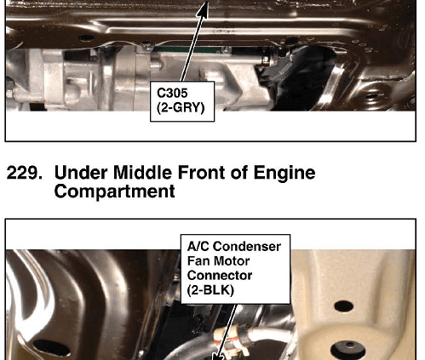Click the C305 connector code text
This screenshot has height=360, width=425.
[x=172, y=93]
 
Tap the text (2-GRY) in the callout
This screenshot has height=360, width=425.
[x=181, y=108]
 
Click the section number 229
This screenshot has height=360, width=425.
[x=25, y=173]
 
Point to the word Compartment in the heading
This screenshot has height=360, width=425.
[x=114, y=191]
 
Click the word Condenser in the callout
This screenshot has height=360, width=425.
[x=247, y=247]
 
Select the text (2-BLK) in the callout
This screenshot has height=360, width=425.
[x=210, y=290]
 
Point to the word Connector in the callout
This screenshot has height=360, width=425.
[x=220, y=276]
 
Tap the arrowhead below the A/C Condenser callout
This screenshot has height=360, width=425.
[x=218, y=356]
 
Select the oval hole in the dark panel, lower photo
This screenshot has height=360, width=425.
[x=52, y=348]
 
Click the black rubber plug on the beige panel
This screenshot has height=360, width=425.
[x=348, y=351]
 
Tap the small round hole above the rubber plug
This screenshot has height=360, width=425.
[x=344, y=306]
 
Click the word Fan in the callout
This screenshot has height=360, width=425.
[x=198, y=261]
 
